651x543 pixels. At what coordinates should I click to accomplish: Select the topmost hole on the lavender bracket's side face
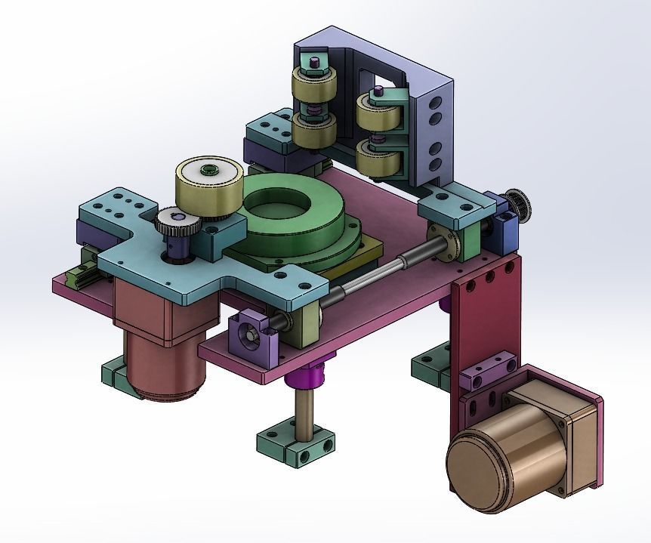(x=436, y=99)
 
